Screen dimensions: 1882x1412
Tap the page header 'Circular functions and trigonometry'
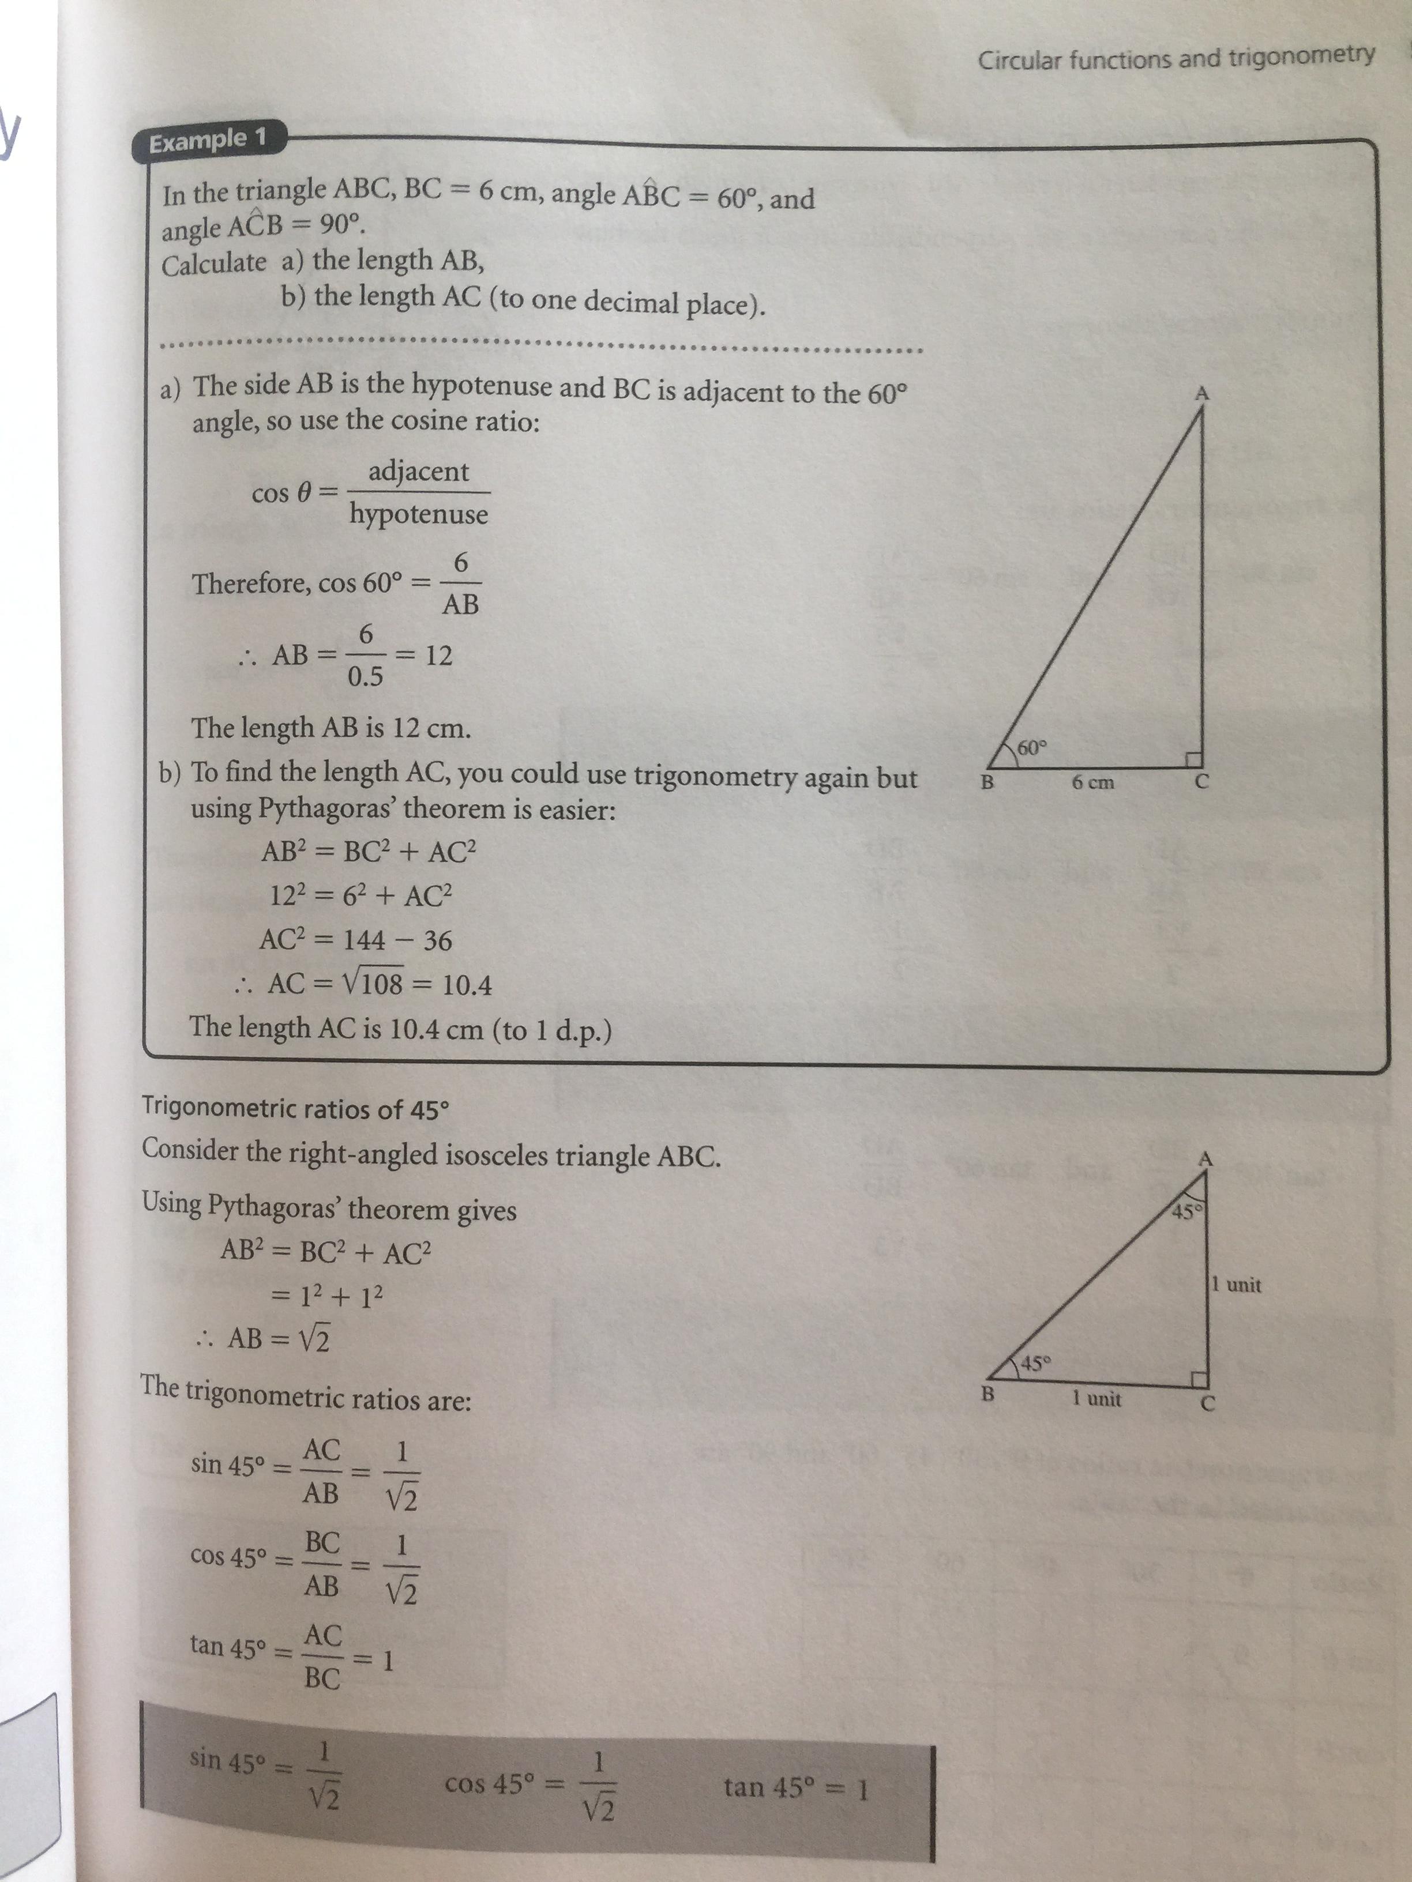point(1176,58)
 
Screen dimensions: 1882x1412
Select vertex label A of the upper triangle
point(1202,393)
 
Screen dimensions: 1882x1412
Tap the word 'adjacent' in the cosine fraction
point(418,471)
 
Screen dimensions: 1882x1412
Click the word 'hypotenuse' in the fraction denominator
point(418,514)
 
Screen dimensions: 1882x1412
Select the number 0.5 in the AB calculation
point(365,677)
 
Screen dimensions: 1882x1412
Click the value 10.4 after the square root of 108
point(467,985)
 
